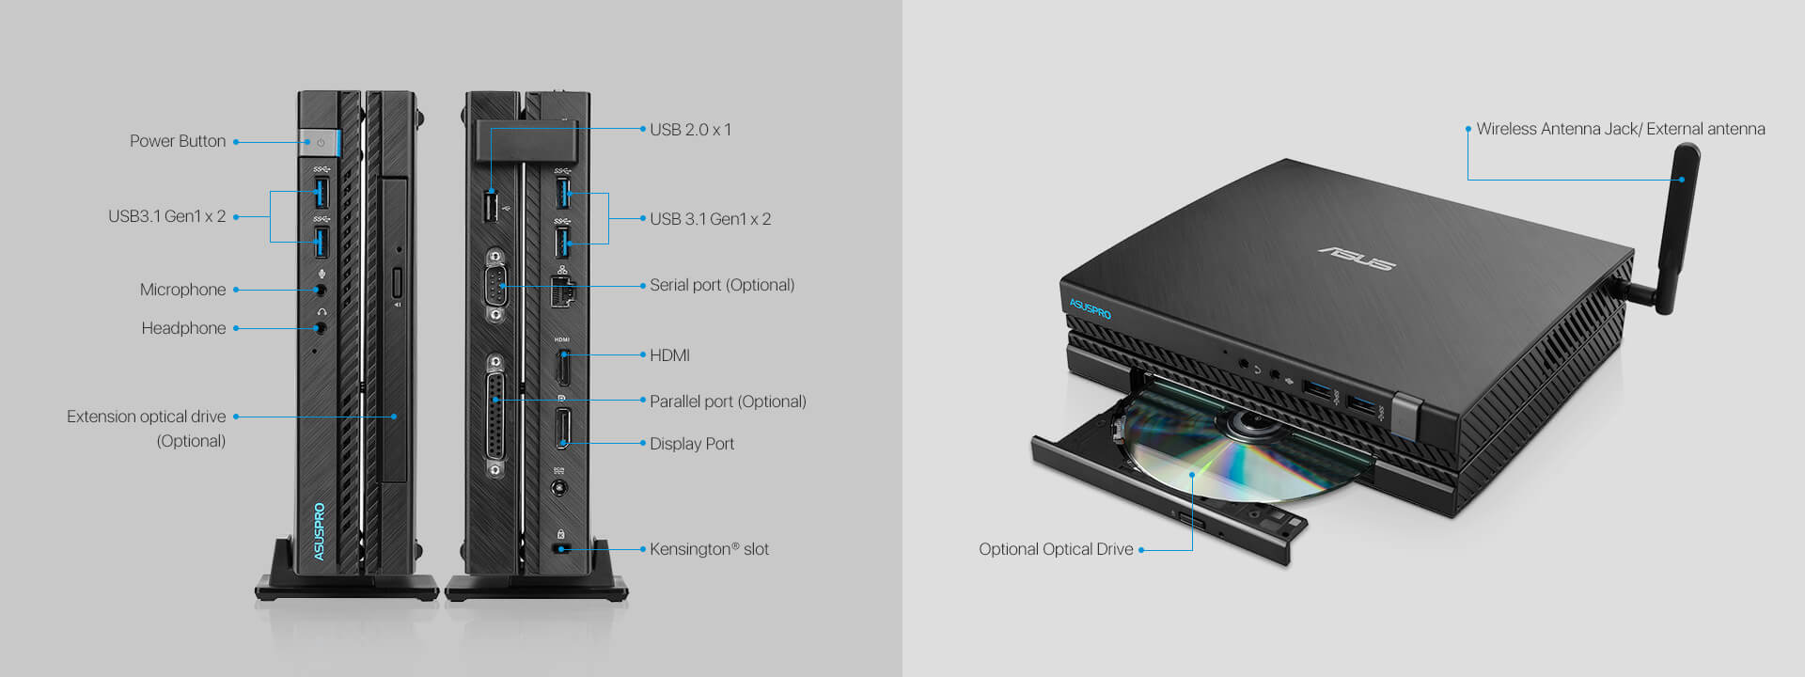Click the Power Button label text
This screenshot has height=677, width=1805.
coord(178,141)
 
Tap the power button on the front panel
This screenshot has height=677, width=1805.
coord(320,143)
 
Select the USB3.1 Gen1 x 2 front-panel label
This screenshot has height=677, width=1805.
coord(167,216)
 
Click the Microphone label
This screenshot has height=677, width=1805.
coord(183,290)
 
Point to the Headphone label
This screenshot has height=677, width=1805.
coord(184,328)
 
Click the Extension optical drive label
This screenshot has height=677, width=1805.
coord(147,429)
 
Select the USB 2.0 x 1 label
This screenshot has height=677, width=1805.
coord(691,130)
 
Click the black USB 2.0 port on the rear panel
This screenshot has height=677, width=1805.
coord(491,207)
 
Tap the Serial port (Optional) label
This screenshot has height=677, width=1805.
coord(722,285)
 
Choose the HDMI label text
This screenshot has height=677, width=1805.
coord(670,355)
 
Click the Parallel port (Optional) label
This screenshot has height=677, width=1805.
coord(729,401)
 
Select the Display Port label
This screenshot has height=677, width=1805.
coord(692,444)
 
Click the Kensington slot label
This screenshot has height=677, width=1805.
coord(710,549)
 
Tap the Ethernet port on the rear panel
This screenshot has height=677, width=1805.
coord(562,292)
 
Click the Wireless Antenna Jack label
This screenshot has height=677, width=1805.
coord(1621,129)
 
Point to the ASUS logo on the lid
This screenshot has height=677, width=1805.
coord(1358,257)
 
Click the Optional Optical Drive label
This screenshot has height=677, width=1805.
coord(1056,549)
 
